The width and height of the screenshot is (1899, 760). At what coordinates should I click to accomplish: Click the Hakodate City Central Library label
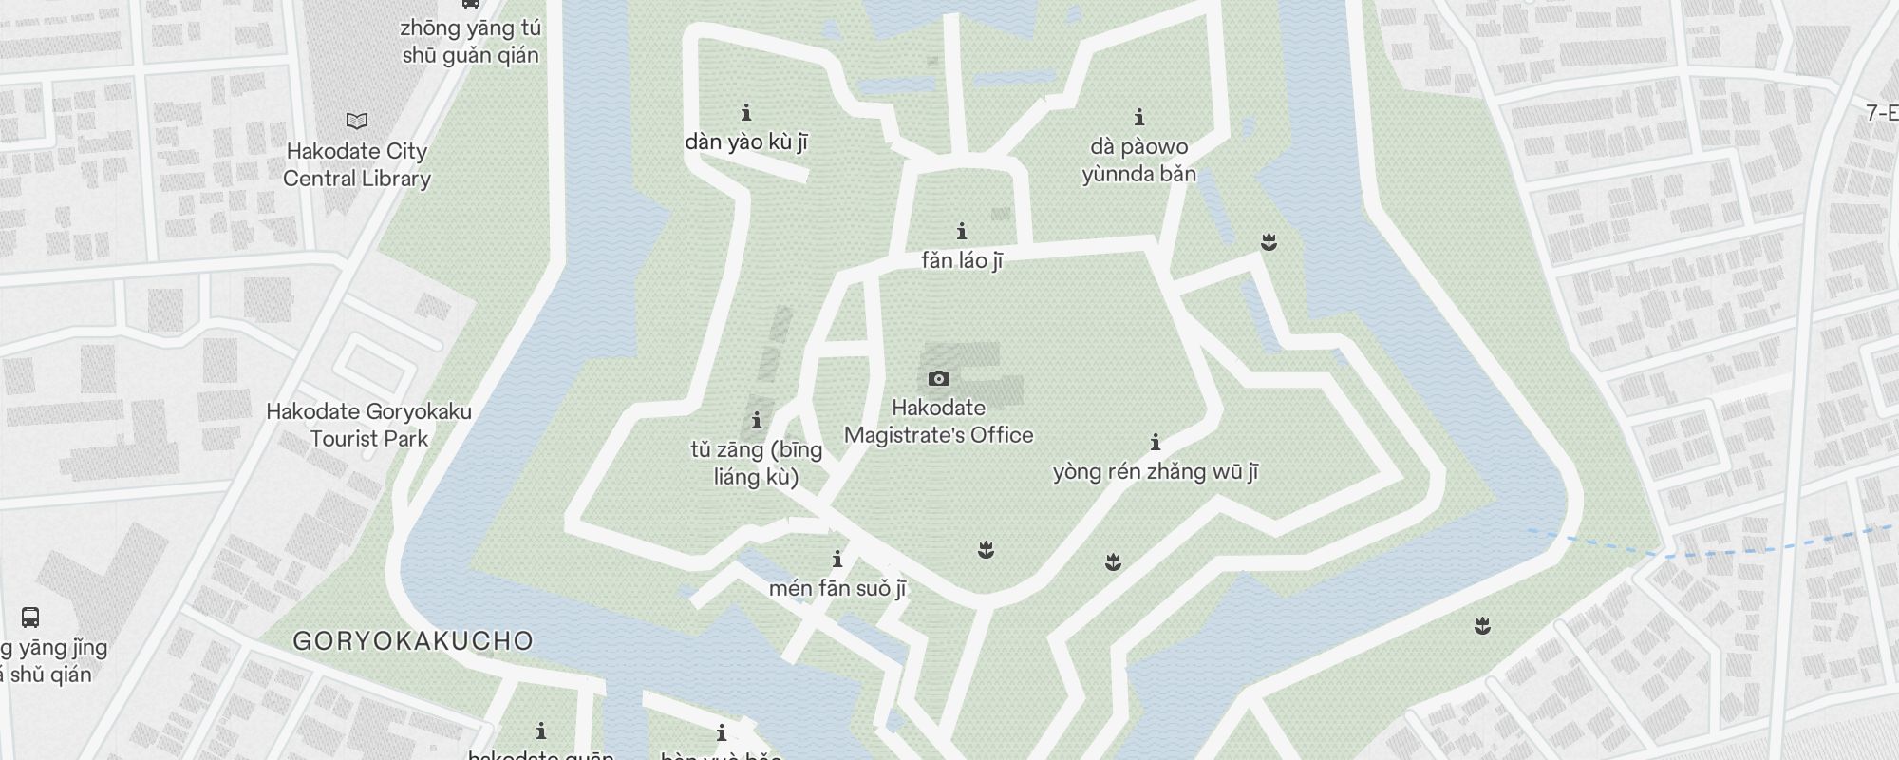click(x=357, y=165)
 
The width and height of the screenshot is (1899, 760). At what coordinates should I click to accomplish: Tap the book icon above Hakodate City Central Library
click(x=357, y=122)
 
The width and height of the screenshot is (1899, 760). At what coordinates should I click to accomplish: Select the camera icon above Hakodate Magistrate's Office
click(x=938, y=378)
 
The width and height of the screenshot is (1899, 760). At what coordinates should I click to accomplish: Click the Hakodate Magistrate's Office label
click(x=938, y=422)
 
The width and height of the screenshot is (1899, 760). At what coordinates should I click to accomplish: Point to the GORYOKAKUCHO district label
click(x=413, y=640)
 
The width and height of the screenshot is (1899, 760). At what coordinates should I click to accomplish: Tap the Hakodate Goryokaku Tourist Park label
click(x=369, y=426)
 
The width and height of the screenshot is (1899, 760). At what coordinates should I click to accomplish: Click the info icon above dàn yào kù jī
click(x=746, y=113)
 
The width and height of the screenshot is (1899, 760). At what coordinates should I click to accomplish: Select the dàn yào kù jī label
click(x=746, y=143)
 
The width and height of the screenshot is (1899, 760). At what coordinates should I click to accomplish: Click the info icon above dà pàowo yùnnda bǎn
click(x=1139, y=118)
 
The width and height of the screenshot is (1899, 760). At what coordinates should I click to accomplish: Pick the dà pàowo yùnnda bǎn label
click(x=1139, y=161)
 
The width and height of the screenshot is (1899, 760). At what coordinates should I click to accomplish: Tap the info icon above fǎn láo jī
click(x=962, y=231)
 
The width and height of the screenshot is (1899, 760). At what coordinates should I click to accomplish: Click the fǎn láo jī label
click(x=962, y=260)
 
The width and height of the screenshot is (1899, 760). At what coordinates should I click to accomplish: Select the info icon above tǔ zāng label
click(x=757, y=420)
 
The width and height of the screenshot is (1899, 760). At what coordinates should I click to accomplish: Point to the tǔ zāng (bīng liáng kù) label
click(x=757, y=463)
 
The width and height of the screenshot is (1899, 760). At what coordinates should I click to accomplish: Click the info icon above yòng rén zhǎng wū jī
click(x=1156, y=442)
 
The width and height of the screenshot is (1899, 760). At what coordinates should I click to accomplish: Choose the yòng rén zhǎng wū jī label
click(x=1156, y=472)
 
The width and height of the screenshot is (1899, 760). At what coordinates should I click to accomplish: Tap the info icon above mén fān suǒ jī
click(x=837, y=559)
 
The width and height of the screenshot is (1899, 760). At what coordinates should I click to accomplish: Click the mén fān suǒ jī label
click(x=837, y=589)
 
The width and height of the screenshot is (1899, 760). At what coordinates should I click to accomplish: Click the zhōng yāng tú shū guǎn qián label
click(x=470, y=42)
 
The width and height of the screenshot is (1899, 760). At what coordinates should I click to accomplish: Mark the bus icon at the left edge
click(x=30, y=617)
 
